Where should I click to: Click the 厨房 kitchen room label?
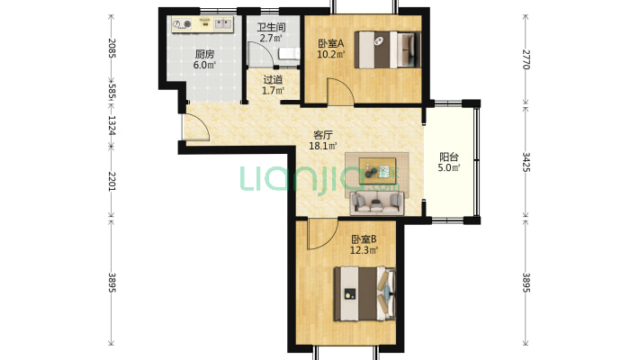click(204, 54)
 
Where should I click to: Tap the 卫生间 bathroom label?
click(271, 28)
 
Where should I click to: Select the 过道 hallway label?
click(273, 80)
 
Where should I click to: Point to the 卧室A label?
click(331, 43)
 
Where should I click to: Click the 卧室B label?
click(364, 239)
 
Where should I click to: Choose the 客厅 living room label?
click(323, 135)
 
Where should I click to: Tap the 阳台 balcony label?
click(449, 157)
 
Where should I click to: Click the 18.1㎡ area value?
click(323, 146)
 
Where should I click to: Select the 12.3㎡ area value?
click(364, 250)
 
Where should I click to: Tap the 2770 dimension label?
click(526, 59)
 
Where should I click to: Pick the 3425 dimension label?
click(526, 162)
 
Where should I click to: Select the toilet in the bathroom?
click(289, 54)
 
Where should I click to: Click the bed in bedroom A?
click(387, 49)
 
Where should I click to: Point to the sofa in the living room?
click(376, 202)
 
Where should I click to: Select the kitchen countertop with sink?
click(202, 24)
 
